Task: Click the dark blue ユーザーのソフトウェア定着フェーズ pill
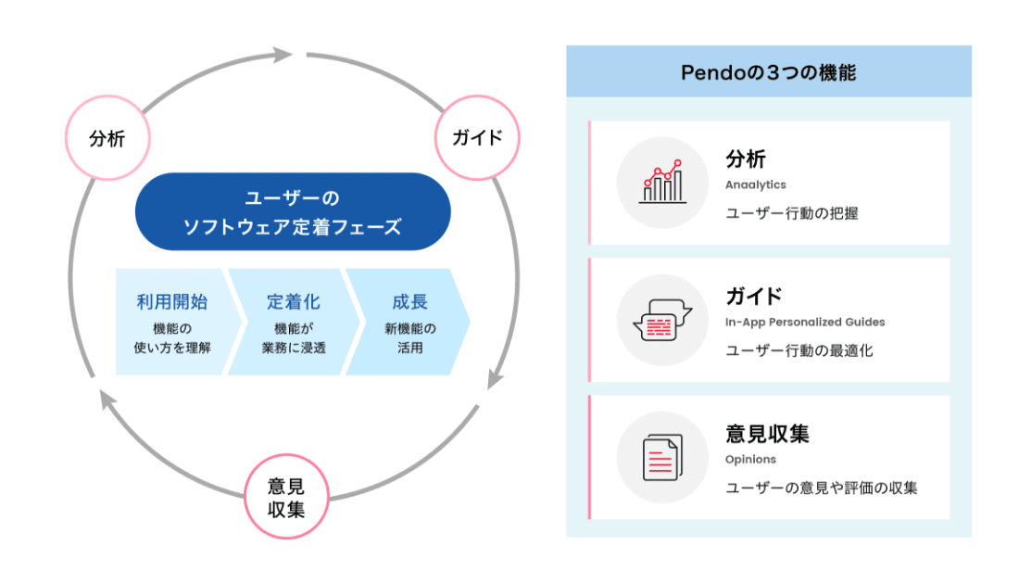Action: [293, 211]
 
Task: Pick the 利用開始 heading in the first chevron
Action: [172, 302]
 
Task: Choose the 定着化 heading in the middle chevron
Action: [294, 302]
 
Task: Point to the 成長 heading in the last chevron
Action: [410, 302]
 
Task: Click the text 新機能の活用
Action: [410, 338]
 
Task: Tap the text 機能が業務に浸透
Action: [294, 338]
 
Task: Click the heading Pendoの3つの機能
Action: [768, 72]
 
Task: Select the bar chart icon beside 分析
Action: [662, 182]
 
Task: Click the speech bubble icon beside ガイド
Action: [662, 320]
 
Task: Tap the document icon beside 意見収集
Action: [662, 457]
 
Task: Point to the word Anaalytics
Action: [756, 184]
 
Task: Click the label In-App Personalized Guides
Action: [805, 322]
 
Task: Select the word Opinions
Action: [750, 459]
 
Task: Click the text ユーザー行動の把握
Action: [792, 213]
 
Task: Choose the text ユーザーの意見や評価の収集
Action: [822, 488]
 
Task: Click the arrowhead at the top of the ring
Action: [283, 55]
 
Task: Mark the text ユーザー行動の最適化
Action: [799, 350]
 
